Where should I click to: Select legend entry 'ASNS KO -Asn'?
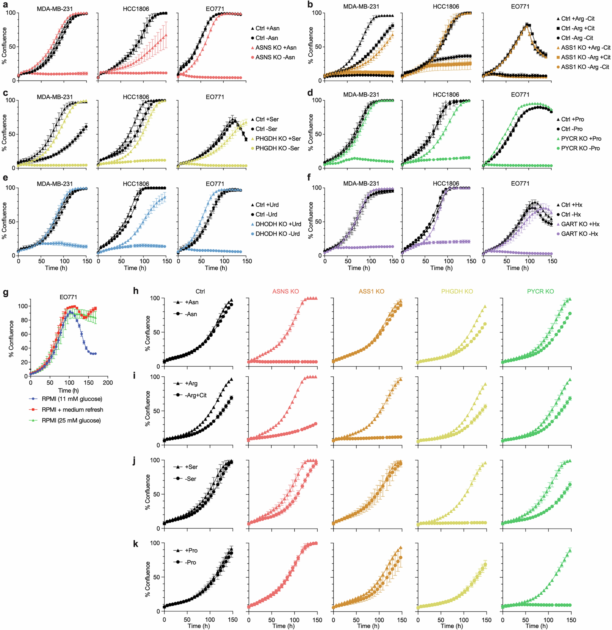pos(275,57)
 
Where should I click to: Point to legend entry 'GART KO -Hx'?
pos(579,234)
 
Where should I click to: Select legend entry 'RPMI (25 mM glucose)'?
pos(71,420)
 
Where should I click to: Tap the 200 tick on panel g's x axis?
pos(108,383)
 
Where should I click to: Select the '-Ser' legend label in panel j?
pos(191,479)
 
